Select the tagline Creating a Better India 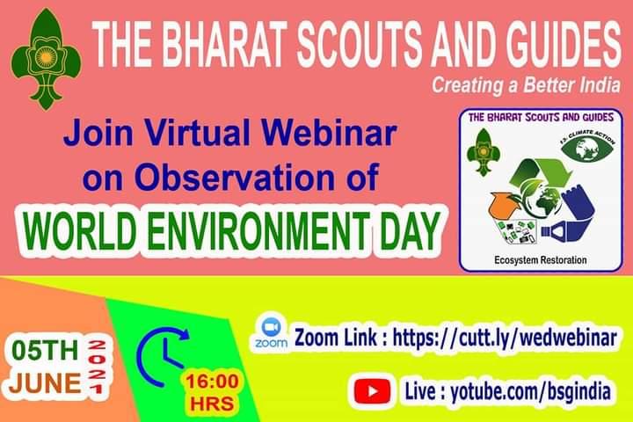[x=525, y=86]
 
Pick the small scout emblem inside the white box [x=483, y=150]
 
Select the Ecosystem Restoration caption [x=540, y=261]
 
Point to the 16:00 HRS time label [x=211, y=392]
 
